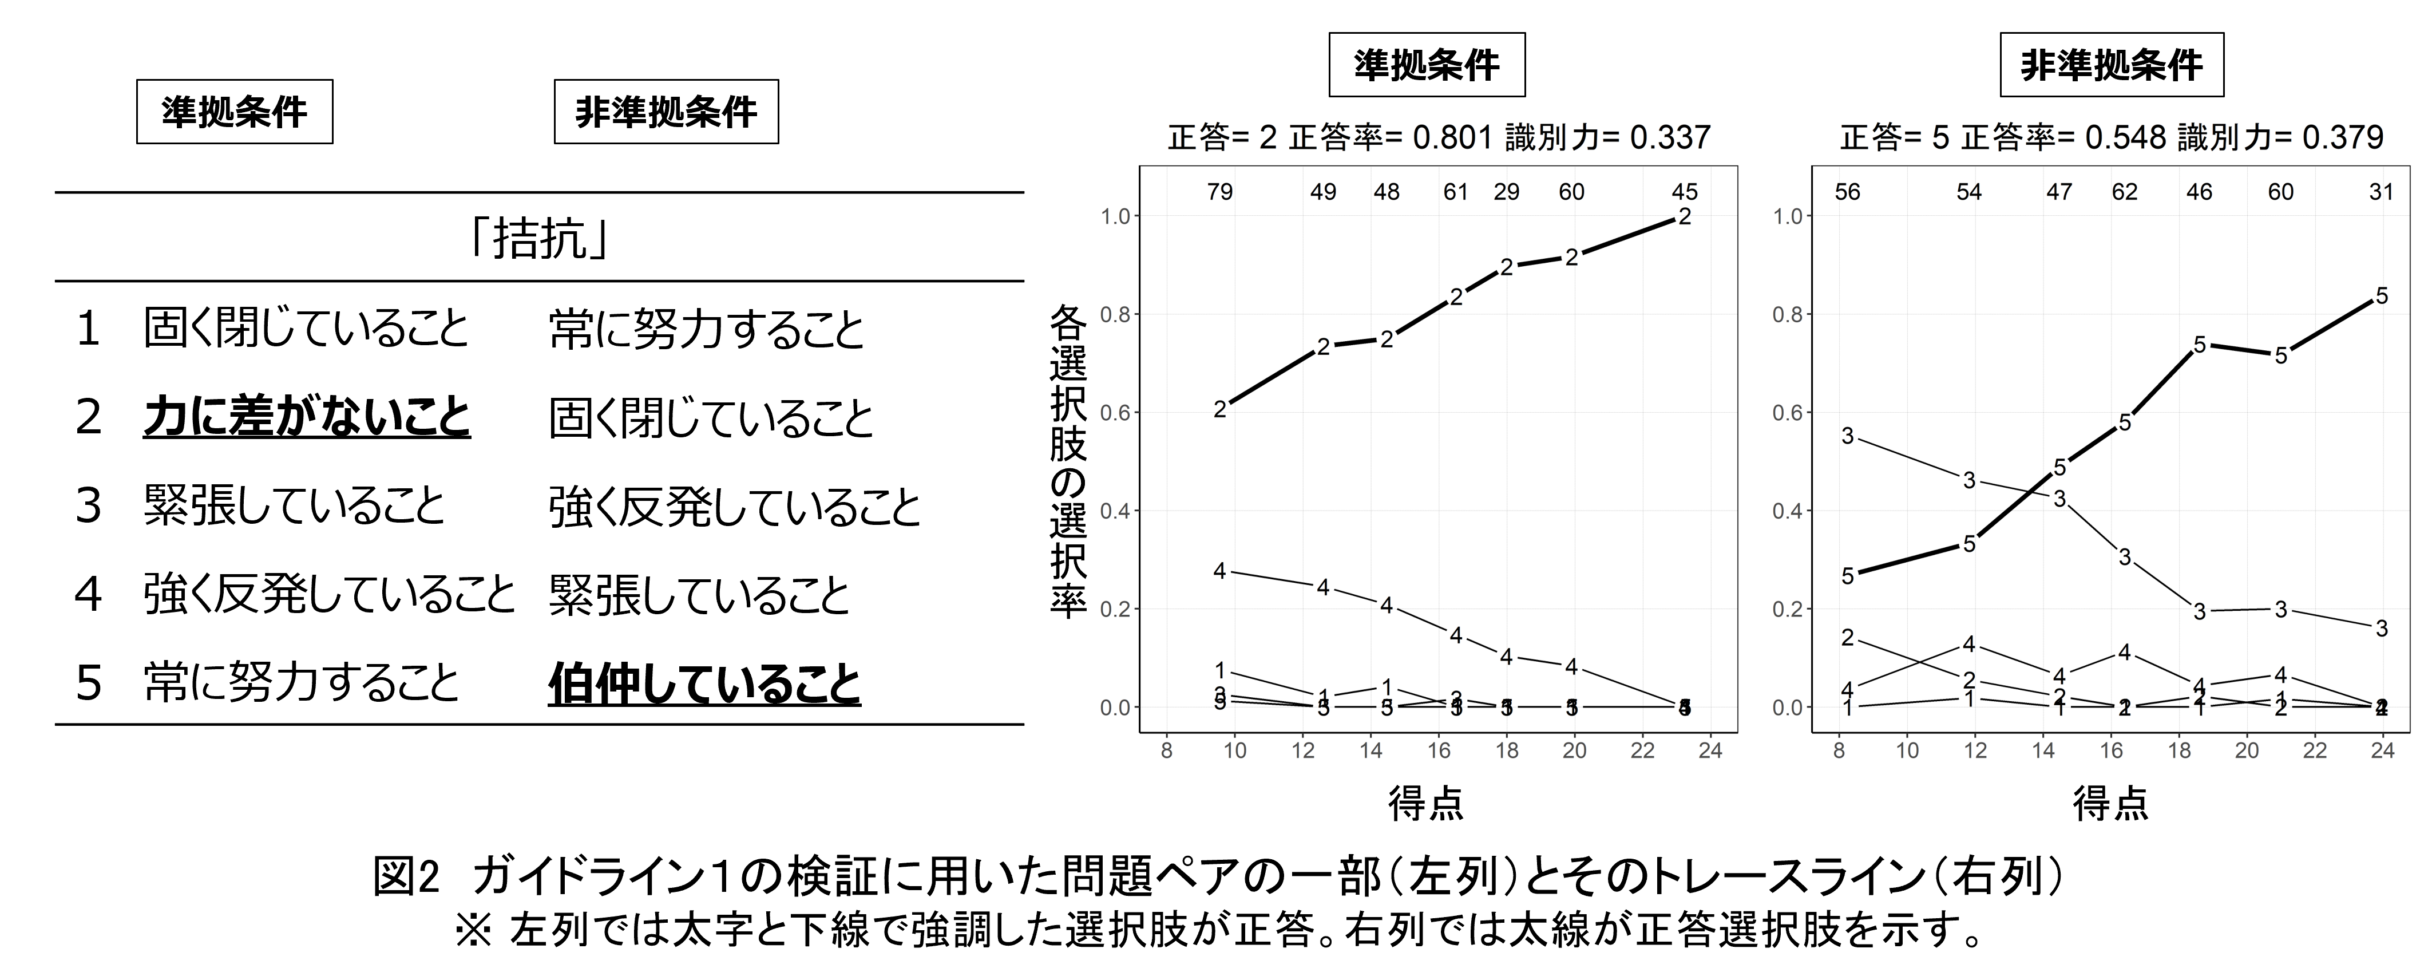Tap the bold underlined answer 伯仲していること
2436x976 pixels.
704,683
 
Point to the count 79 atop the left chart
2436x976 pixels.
1220,192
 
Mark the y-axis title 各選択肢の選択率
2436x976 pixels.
1068,461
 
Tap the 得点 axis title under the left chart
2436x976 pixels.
1426,804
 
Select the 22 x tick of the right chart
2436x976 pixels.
2314,751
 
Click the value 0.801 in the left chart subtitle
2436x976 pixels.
1452,138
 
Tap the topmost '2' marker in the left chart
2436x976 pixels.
1684,216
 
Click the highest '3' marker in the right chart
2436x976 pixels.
1848,436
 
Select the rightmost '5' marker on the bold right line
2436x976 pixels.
2381,296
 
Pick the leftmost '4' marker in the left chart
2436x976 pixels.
1220,571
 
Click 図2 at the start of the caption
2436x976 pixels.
407,878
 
